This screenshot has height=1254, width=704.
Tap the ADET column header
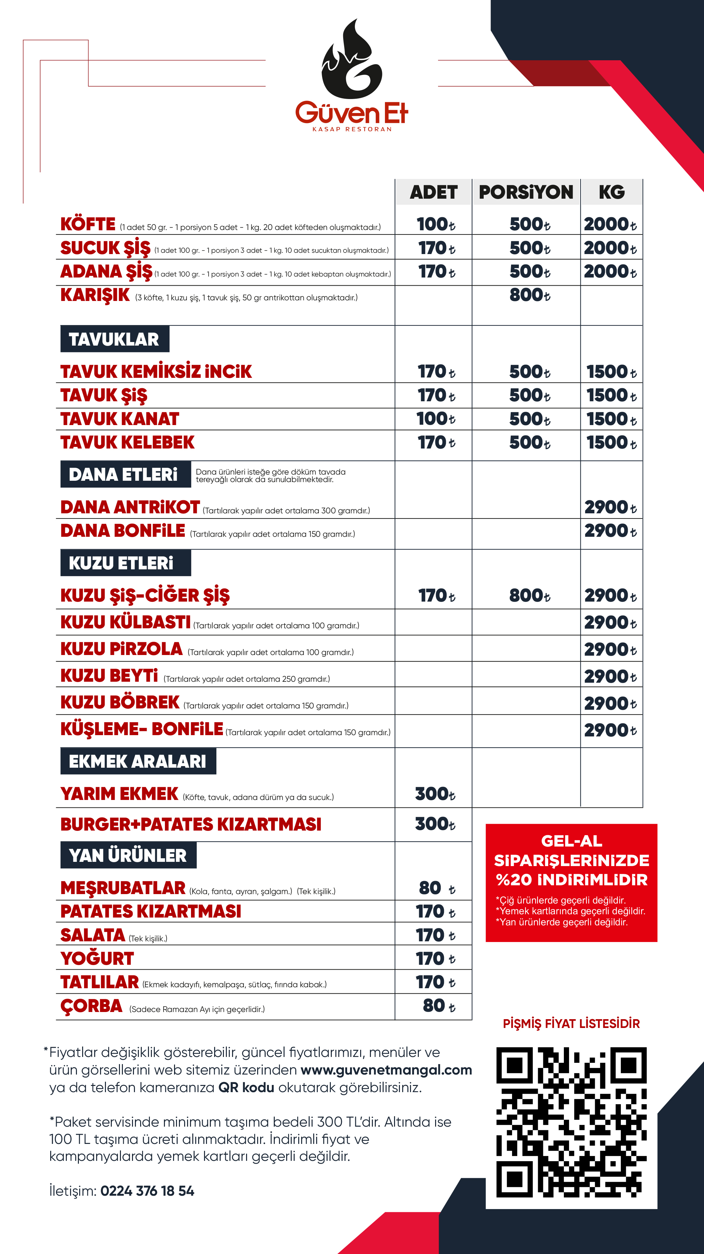click(x=433, y=192)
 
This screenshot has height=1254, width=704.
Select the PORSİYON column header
click(x=526, y=192)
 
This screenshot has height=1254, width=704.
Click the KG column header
click(x=611, y=192)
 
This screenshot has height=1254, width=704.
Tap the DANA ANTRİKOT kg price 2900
click(x=610, y=507)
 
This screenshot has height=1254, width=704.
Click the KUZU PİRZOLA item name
click(x=121, y=649)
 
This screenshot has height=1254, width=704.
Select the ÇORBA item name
click(x=92, y=1006)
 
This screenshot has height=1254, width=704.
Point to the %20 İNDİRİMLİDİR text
click(x=571, y=880)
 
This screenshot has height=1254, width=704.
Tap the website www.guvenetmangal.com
click(x=386, y=1070)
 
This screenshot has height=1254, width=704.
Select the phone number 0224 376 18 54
click(x=147, y=1191)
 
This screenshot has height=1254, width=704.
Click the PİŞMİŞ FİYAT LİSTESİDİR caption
click(x=571, y=1024)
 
